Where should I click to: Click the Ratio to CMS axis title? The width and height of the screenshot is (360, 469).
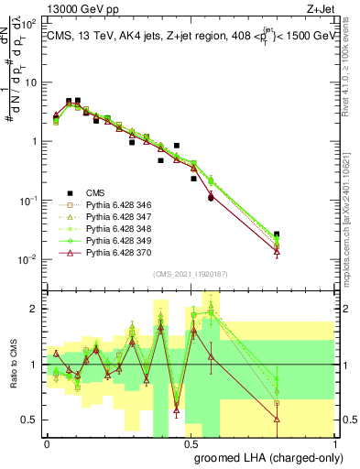tap(12, 365)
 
